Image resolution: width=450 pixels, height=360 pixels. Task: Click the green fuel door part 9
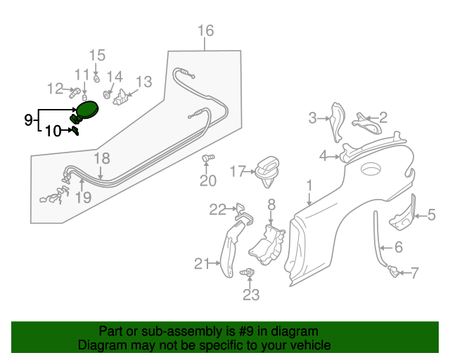(86, 110)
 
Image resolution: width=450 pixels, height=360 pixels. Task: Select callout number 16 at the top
(205, 30)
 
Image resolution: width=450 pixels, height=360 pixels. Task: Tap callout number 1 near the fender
(308, 186)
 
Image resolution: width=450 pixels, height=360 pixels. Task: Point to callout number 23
(251, 295)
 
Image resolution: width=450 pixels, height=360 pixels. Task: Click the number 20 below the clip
(207, 181)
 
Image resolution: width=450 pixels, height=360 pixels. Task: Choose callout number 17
(237, 170)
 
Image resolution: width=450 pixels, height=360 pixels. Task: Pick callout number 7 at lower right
(414, 272)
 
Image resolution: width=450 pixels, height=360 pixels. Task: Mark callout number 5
(431, 215)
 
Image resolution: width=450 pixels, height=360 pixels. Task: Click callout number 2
(382, 117)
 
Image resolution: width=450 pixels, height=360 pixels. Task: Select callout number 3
(313, 118)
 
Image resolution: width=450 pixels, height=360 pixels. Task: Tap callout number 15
(97, 55)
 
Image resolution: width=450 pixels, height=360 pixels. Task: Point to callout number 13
(143, 82)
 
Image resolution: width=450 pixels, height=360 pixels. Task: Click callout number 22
(217, 208)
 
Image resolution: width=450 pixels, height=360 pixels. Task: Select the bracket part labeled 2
(362, 121)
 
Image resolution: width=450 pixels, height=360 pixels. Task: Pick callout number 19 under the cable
(83, 198)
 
